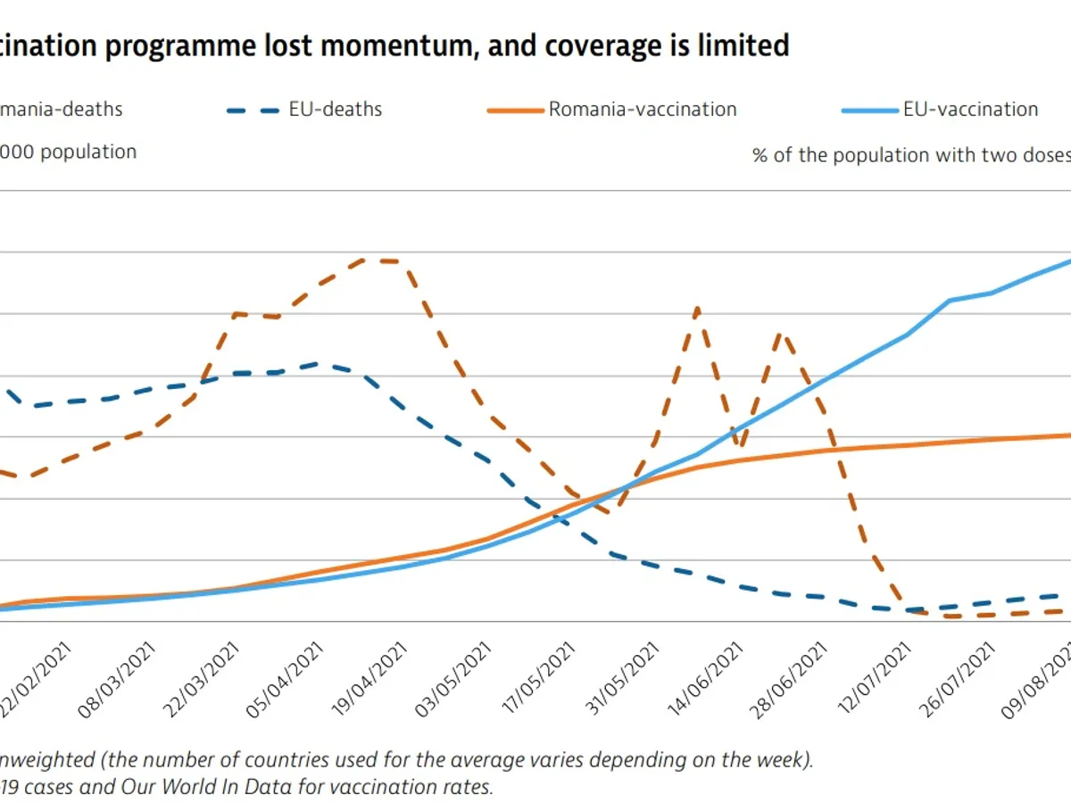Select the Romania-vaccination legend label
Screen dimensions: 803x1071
point(643,110)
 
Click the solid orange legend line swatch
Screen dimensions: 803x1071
point(515,111)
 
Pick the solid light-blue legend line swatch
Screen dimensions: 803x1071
point(869,111)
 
